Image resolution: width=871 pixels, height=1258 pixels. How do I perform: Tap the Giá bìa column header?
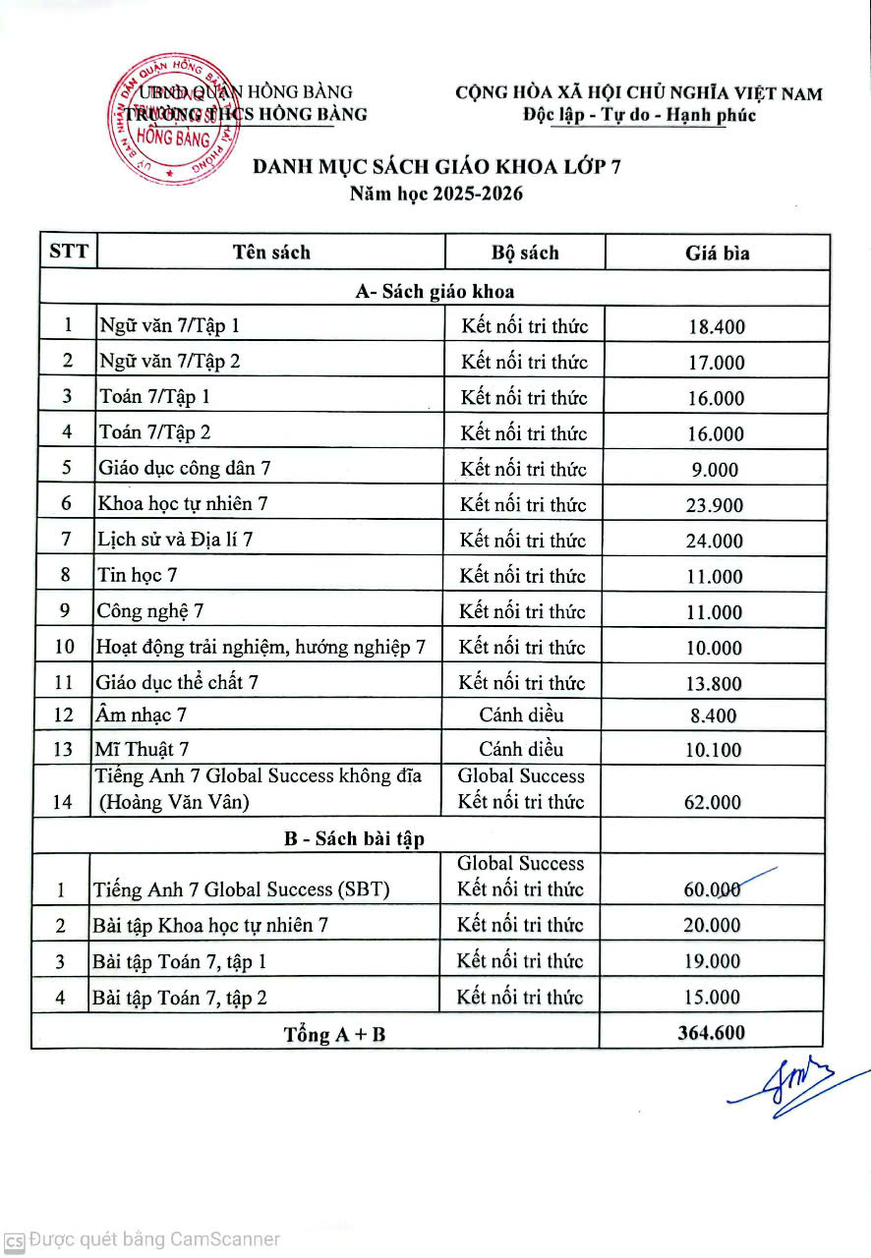point(717,253)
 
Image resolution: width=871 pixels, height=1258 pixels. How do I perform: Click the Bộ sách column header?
point(525,253)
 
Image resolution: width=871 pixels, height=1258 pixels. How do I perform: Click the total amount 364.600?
point(711,1033)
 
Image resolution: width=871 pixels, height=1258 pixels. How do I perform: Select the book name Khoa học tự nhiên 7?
point(182,504)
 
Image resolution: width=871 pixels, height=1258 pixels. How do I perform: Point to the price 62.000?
point(713,802)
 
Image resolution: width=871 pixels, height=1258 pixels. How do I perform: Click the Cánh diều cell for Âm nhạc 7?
point(522,715)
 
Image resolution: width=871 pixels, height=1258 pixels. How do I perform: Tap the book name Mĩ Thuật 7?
point(143,750)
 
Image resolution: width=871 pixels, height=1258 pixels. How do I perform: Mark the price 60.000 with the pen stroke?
point(713,889)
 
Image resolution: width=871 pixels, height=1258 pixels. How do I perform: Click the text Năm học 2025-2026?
point(436,194)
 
